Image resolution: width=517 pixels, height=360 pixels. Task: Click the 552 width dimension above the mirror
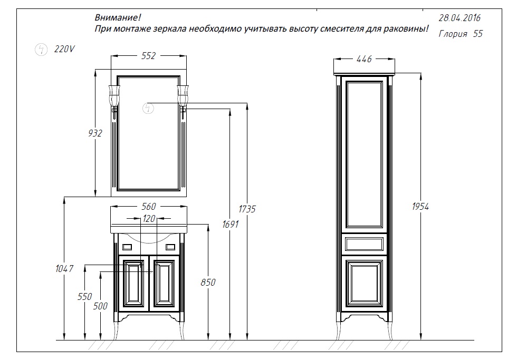149,56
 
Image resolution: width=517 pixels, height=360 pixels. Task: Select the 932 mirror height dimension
95,133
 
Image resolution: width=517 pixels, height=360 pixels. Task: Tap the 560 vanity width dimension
149,207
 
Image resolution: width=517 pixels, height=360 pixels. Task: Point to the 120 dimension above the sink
149,219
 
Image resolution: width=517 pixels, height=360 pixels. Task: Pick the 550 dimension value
85,296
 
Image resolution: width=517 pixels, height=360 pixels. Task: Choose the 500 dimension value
100,306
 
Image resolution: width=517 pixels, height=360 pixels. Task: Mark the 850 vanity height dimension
208,283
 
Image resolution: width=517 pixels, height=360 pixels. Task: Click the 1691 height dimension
231,224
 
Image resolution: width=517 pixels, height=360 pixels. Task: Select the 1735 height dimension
247,209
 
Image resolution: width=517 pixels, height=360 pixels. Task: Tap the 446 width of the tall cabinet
364,59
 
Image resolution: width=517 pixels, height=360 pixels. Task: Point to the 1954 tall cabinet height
420,207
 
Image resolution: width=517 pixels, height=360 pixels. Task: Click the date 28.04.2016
459,18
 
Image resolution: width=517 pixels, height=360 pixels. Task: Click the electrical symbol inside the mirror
148,109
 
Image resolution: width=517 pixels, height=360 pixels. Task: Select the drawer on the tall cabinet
364,244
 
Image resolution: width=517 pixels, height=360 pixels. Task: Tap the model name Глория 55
461,34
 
